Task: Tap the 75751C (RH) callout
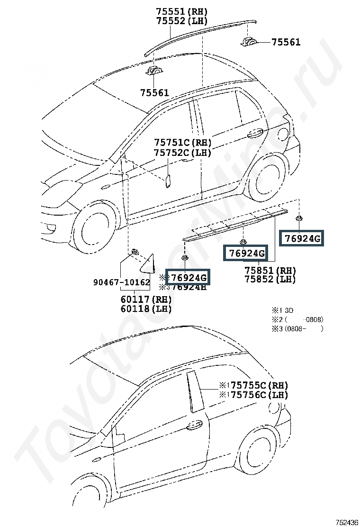(182, 143)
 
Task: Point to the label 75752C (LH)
(182, 153)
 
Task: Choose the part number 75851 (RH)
(270, 270)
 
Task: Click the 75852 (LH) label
(270, 279)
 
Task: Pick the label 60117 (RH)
(146, 300)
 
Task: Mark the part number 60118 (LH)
(146, 309)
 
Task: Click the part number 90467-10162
(121, 282)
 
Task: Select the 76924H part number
(189, 286)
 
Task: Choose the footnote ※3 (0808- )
(297, 328)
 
